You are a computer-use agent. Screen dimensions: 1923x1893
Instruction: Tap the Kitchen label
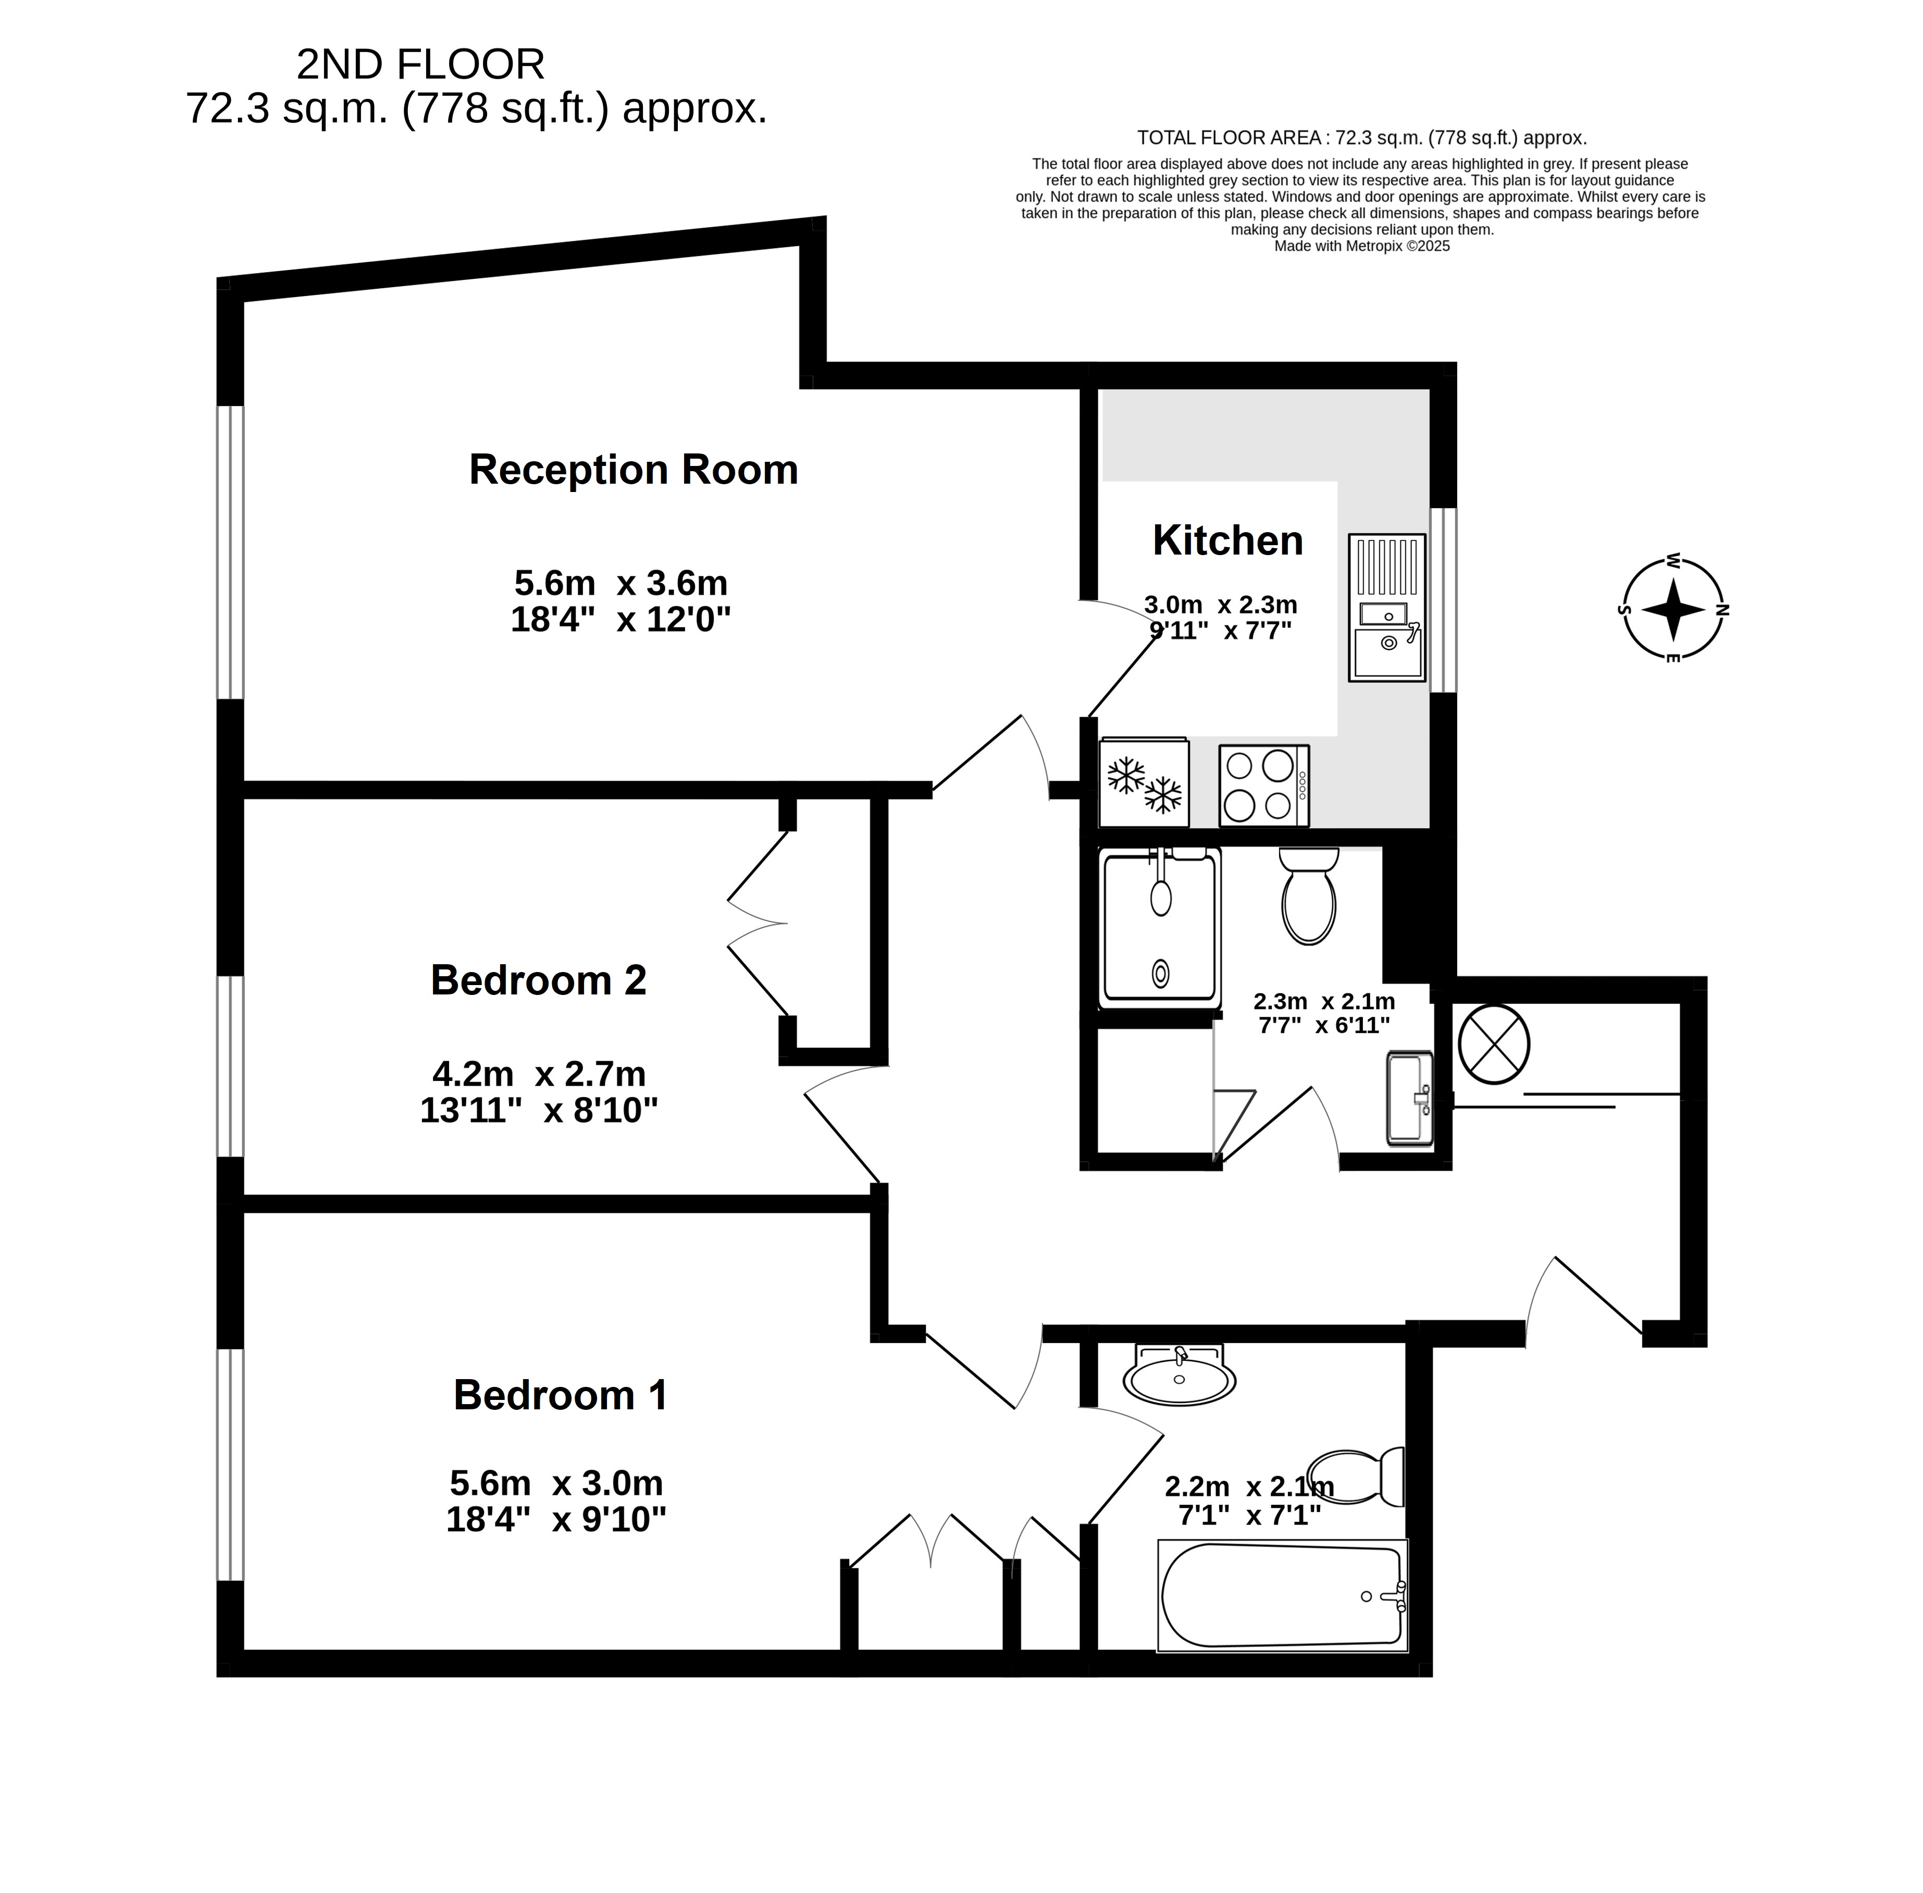tap(1227, 541)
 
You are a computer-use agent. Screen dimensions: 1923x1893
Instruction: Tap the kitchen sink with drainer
tap(1386, 608)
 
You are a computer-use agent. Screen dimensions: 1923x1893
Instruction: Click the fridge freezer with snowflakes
tap(1144, 782)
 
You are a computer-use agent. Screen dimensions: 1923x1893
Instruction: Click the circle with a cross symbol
tap(1494, 1044)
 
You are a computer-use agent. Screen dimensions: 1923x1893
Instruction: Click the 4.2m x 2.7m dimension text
tap(539, 1074)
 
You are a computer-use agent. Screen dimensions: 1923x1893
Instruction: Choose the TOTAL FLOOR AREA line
tap(1361, 138)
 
